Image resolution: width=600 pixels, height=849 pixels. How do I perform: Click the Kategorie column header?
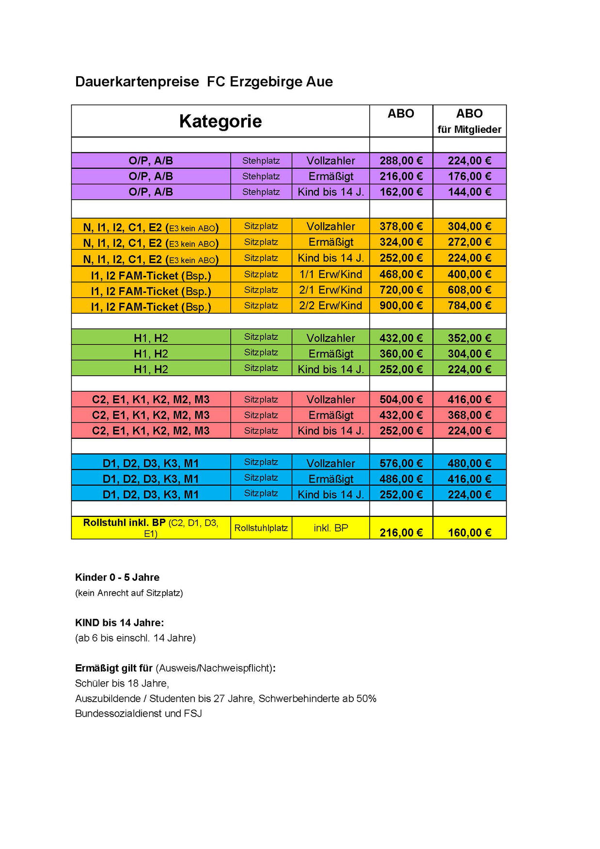click(x=220, y=121)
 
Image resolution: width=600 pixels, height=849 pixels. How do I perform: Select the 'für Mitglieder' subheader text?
click(x=469, y=129)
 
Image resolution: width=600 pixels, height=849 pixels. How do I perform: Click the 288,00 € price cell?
click(x=401, y=160)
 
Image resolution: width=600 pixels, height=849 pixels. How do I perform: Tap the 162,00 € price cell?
click(x=401, y=192)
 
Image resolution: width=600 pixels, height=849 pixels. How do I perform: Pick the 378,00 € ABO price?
click(x=401, y=226)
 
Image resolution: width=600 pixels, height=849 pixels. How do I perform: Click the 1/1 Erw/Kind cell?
click(x=331, y=274)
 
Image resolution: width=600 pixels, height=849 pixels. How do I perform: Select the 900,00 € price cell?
click(x=401, y=305)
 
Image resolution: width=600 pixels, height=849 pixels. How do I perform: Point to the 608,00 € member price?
click(x=469, y=290)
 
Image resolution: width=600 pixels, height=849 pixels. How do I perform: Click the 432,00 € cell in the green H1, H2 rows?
click(x=401, y=338)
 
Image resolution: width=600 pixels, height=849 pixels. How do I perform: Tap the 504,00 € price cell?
click(x=401, y=400)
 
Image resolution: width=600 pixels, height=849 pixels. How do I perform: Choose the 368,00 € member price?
click(x=469, y=415)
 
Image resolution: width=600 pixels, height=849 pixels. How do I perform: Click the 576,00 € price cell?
click(x=401, y=463)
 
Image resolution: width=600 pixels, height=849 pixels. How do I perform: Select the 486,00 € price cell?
click(x=401, y=479)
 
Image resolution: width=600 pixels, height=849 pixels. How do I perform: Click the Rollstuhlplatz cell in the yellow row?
click(x=261, y=528)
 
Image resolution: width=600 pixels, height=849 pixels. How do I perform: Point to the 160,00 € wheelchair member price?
click(x=469, y=532)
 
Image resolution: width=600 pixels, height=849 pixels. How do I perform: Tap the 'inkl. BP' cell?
click(x=331, y=528)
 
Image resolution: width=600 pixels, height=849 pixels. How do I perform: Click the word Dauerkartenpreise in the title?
click(x=137, y=81)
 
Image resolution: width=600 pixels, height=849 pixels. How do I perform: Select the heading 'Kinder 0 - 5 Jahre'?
click(x=117, y=577)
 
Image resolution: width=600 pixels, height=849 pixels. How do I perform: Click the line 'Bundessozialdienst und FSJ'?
click(x=138, y=714)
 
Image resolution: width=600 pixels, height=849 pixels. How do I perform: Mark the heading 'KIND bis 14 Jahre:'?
click(x=119, y=623)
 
